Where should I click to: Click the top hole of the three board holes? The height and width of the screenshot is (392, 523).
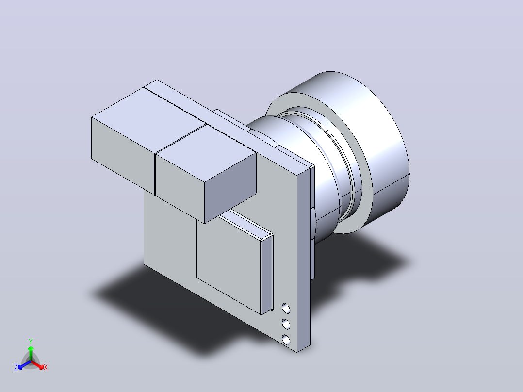click(286, 308)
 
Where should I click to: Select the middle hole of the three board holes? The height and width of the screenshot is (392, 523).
click(286, 324)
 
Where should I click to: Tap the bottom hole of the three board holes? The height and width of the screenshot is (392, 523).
click(286, 340)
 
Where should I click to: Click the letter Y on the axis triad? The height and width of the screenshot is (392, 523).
click(31, 341)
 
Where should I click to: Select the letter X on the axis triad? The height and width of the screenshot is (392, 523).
click(46, 367)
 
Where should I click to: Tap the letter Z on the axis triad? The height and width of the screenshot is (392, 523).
click(16, 367)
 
